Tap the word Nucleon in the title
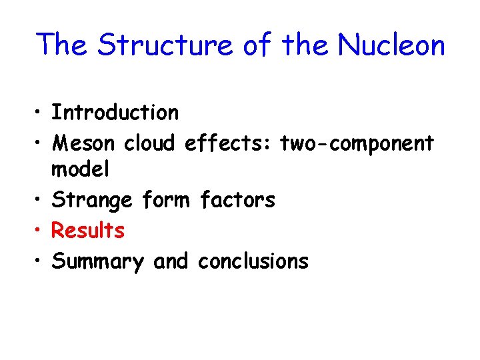tap(391, 45)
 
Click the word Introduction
tap(115, 113)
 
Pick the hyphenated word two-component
tap(357, 143)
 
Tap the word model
tap(80, 169)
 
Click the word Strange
tap(91, 200)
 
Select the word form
tap(166, 199)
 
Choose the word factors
tap(237, 199)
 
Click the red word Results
tap(88, 230)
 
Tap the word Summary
tap(97, 261)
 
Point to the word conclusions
tap(253, 261)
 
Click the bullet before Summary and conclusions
tap(39, 261)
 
